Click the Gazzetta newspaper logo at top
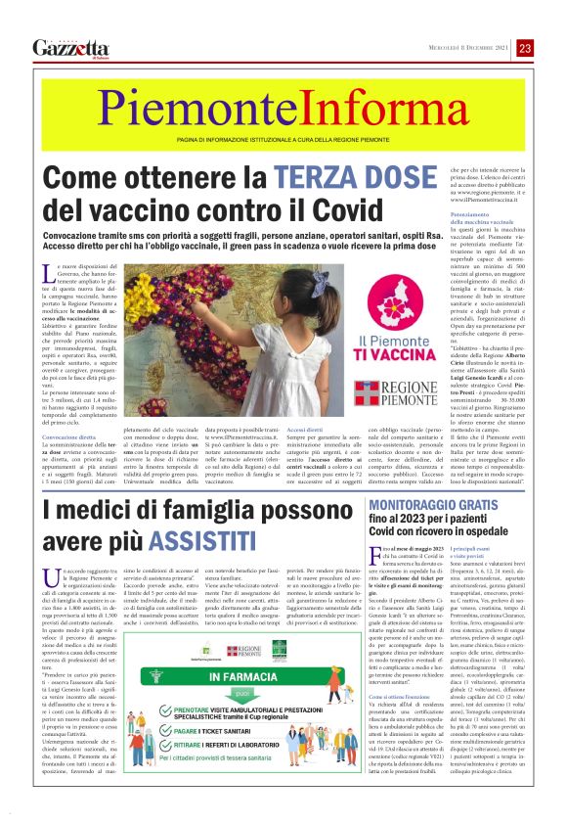pyautogui.click(x=69, y=48)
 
